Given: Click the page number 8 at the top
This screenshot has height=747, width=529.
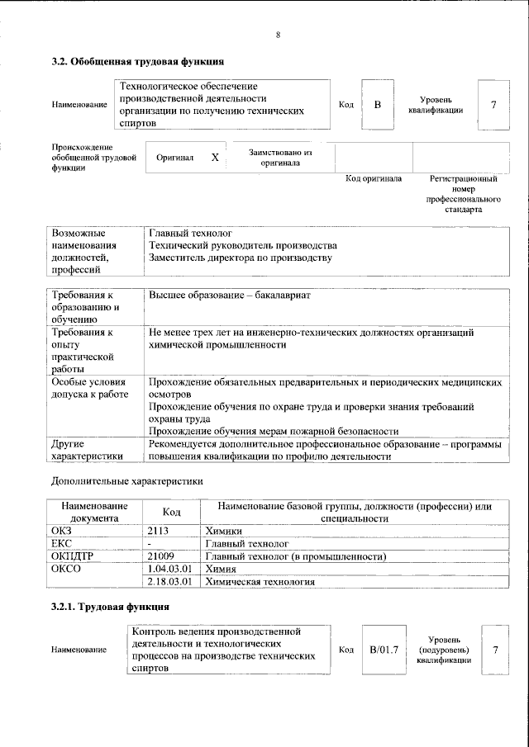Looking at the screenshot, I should coord(279,35).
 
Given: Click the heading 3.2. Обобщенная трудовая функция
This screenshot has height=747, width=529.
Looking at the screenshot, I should coord(137,61).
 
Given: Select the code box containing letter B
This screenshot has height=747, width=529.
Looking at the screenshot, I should coord(377,105).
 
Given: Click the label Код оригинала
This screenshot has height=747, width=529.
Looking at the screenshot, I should coord(373,178).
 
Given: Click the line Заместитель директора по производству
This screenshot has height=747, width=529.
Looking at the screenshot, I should coord(240,258).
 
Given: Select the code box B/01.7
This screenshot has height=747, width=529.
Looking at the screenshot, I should coord(384,650).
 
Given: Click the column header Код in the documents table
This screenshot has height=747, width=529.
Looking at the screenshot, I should coord(171,512).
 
